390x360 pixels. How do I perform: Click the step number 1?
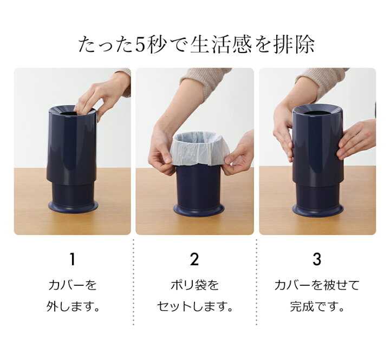click(72, 259)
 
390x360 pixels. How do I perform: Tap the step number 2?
click(194, 259)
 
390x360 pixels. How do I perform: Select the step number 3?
click(317, 259)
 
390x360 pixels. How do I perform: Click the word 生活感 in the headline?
click(221, 45)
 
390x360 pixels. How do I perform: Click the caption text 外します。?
click(73, 306)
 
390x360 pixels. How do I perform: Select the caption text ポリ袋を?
click(194, 285)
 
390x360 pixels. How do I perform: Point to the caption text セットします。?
click(195, 306)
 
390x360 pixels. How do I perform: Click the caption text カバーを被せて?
click(317, 285)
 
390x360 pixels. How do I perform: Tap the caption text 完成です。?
click(317, 306)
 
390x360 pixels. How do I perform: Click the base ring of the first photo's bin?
click(73, 207)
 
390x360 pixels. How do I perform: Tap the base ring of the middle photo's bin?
click(198, 211)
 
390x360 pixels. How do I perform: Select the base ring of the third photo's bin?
click(318, 211)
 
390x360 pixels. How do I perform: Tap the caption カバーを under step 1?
click(73, 285)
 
